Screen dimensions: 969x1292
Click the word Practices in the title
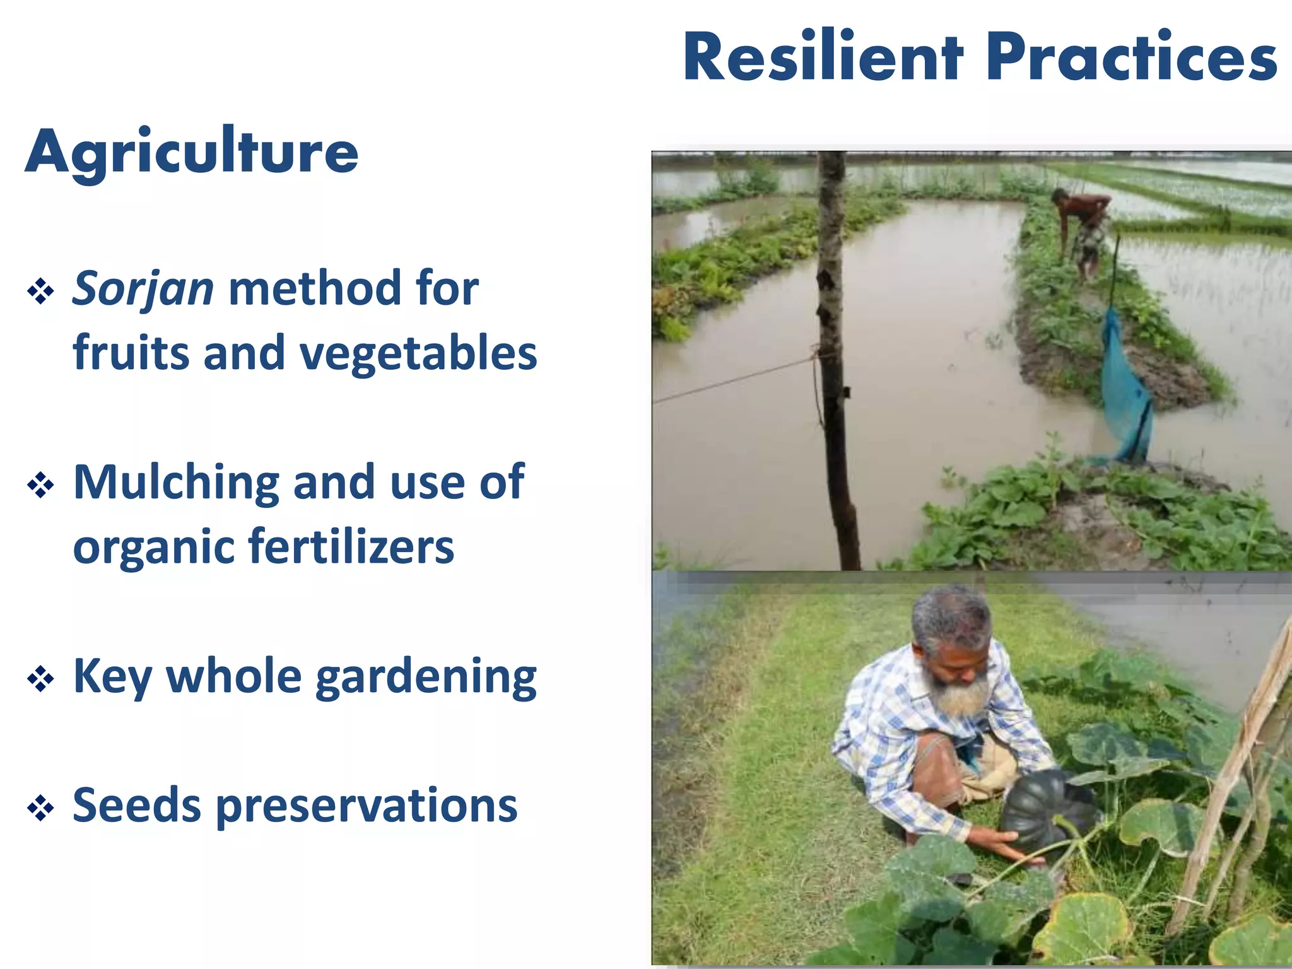point(1131,58)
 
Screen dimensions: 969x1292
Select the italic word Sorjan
point(143,289)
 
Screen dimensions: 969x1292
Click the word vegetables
point(418,353)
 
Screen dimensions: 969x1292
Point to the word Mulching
point(175,483)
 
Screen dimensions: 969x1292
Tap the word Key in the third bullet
point(112,677)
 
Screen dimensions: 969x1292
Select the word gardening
point(426,678)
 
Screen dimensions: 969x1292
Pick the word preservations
point(367,807)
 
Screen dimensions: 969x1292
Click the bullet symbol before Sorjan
point(40,291)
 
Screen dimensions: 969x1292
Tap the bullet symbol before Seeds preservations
point(40,808)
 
